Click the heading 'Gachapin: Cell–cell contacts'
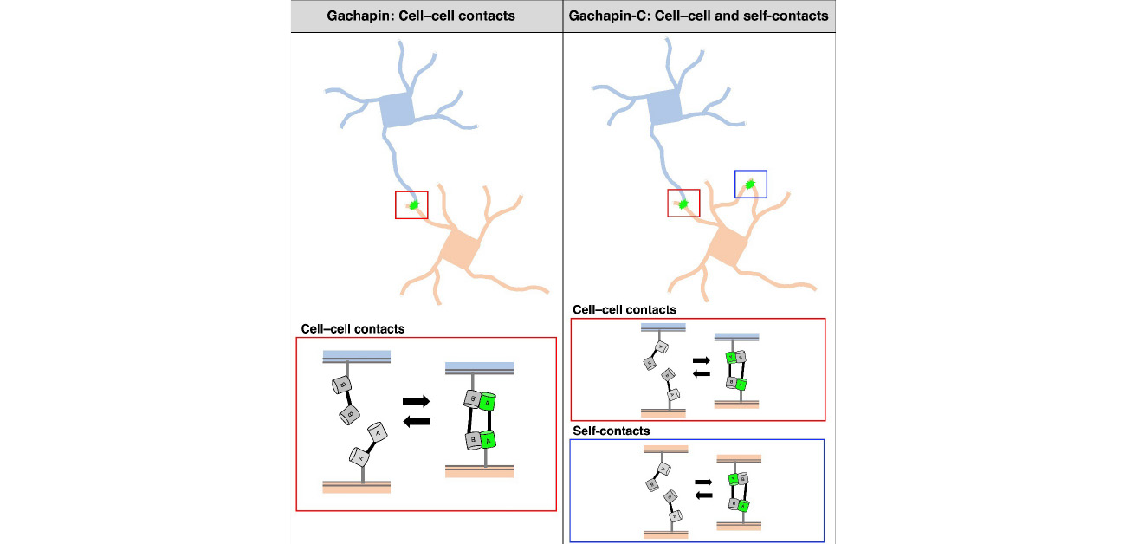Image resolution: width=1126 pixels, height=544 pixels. click(x=426, y=16)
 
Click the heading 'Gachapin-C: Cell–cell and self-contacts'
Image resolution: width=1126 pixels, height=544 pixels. click(x=699, y=16)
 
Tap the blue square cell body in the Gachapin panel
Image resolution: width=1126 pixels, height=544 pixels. click(x=397, y=112)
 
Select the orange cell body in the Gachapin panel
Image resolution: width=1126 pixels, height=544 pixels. click(x=461, y=248)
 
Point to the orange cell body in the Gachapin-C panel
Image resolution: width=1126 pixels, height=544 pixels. click(x=729, y=248)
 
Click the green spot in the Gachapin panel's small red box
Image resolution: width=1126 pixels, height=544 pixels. click(x=414, y=205)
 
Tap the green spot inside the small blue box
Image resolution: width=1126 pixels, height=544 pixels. click(x=751, y=184)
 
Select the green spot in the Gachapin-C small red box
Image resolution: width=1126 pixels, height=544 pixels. click(x=683, y=204)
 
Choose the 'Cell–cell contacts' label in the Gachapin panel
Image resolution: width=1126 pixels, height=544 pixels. click(x=353, y=330)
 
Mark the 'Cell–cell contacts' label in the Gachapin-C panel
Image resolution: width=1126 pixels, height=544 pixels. click(x=624, y=309)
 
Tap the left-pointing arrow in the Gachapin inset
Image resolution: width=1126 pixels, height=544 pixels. click(x=417, y=421)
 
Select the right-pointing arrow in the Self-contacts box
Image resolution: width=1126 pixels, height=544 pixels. click(x=703, y=480)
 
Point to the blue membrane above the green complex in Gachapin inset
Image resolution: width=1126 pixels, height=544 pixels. click(x=480, y=366)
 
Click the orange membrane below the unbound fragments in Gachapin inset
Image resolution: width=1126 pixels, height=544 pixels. click(x=357, y=488)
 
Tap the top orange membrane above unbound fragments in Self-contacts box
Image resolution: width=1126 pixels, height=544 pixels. click(x=664, y=449)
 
